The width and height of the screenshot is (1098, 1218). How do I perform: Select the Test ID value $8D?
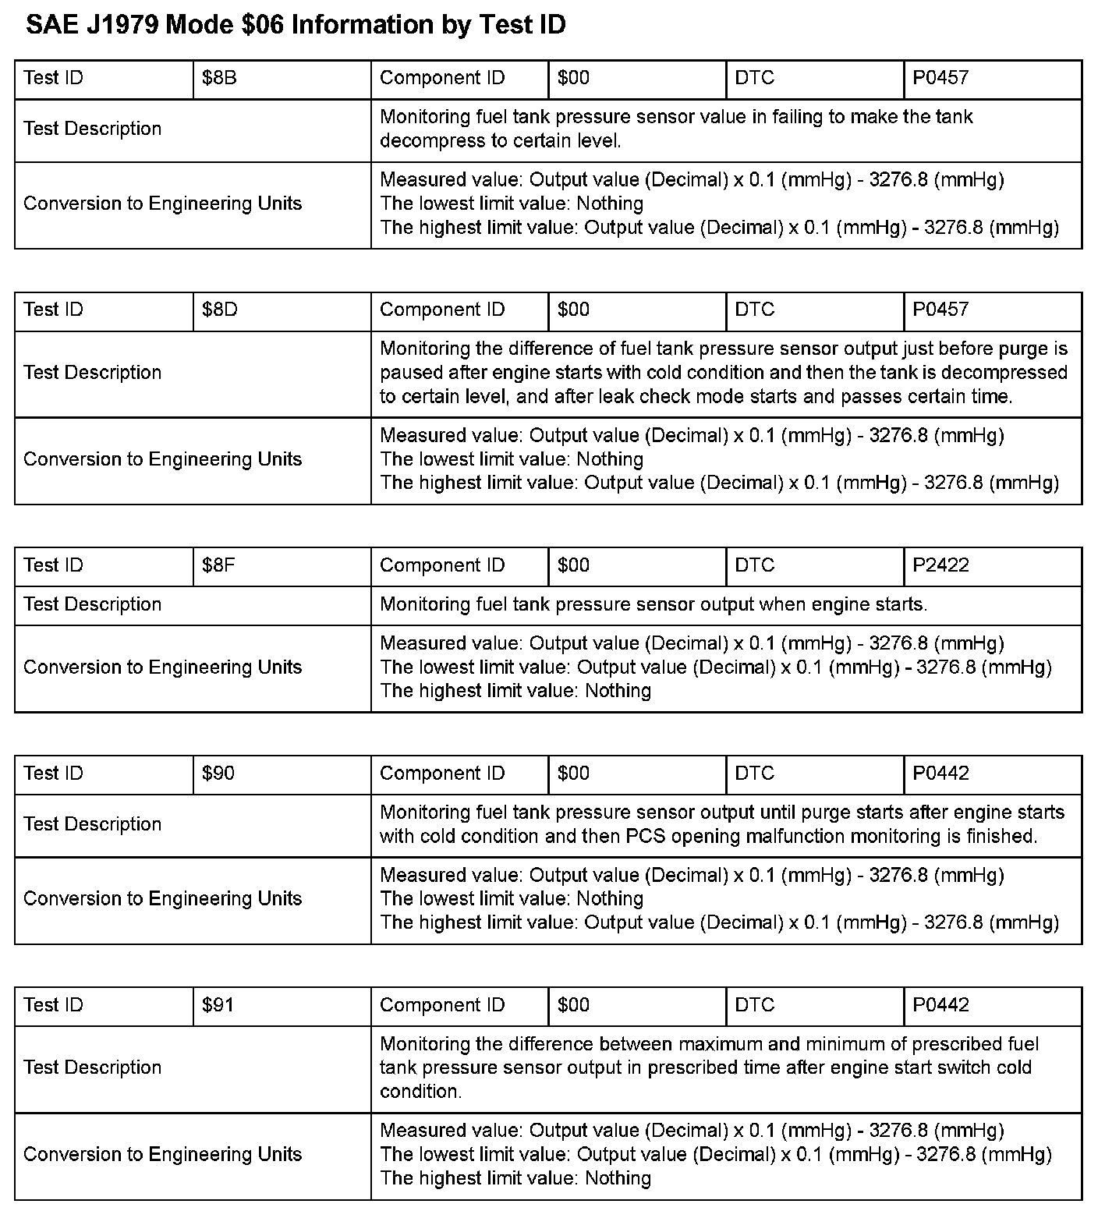(219, 310)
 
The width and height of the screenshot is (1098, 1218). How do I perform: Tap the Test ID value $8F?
(218, 565)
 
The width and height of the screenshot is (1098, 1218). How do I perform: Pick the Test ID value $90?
(218, 774)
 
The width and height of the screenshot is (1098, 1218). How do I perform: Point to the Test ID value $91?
(218, 1005)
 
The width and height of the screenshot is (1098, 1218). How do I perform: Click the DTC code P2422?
(940, 565)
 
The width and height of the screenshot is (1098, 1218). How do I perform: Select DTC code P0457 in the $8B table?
(940, 78)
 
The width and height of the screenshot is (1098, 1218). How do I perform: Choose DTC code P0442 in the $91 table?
(940, 1005)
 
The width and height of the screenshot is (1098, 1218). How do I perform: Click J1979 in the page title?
(120, 26)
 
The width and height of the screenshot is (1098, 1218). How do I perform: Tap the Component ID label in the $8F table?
(442, 565)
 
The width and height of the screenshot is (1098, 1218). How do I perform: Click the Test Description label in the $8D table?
(92, 373)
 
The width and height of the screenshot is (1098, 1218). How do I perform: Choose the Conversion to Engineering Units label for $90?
(162, 899)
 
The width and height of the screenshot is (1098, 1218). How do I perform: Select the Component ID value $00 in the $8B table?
(573, 78)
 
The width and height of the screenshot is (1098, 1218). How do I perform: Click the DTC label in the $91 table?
(754, 1005)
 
